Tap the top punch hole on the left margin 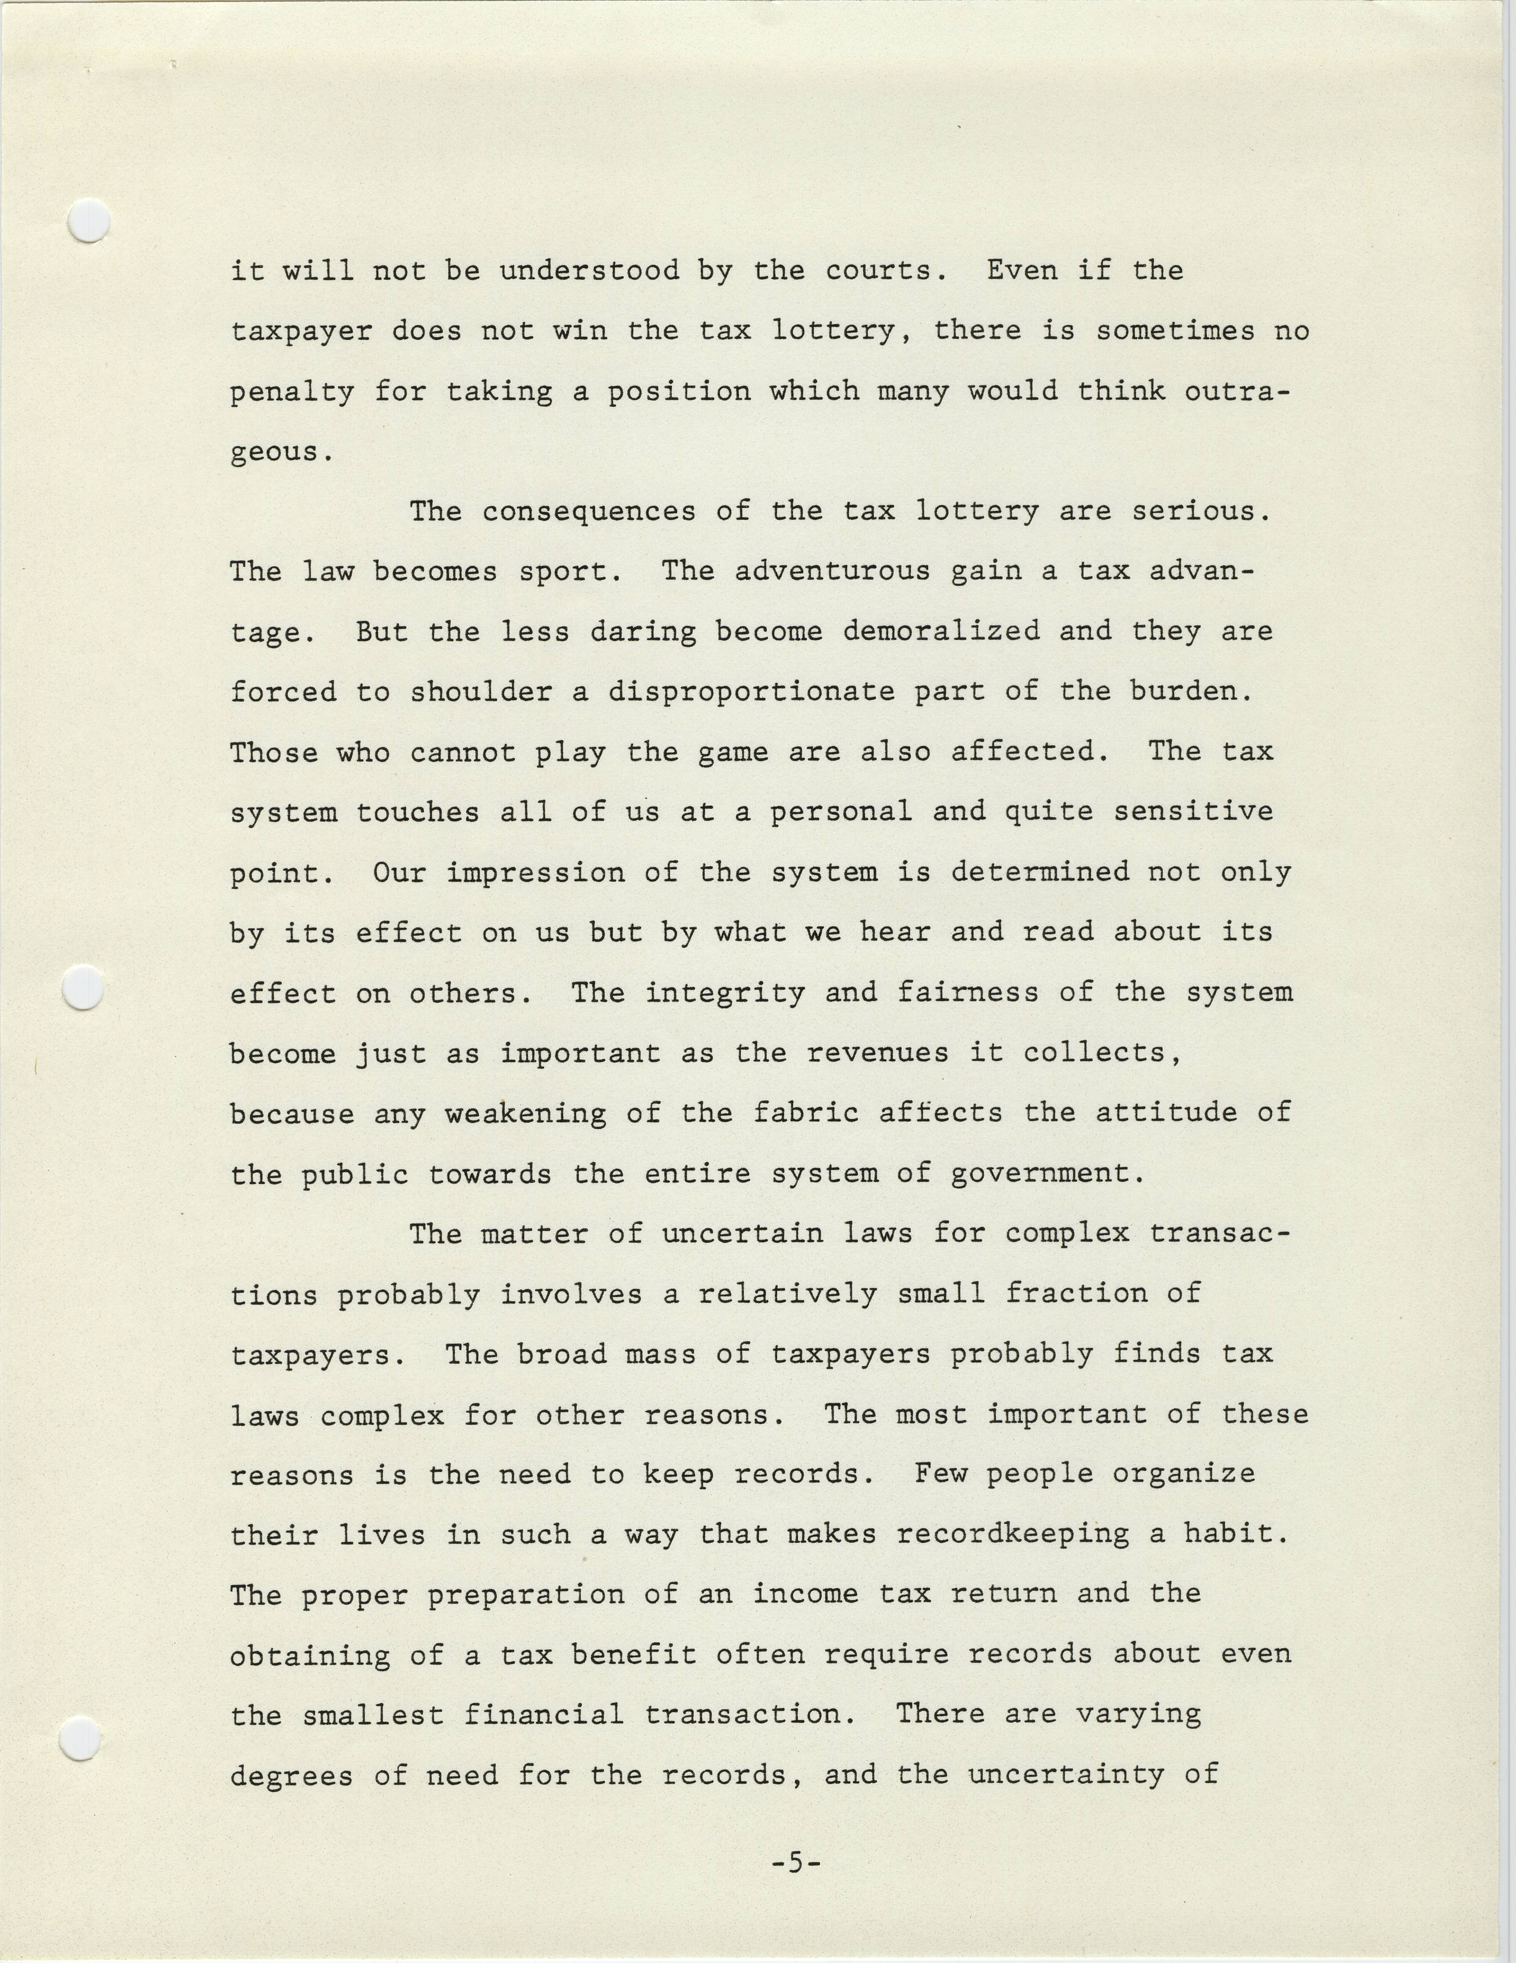(89, 221)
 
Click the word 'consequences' (589, 512)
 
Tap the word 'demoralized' (941, 632)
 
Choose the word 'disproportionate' (751, 692)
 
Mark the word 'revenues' (877, 1053)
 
